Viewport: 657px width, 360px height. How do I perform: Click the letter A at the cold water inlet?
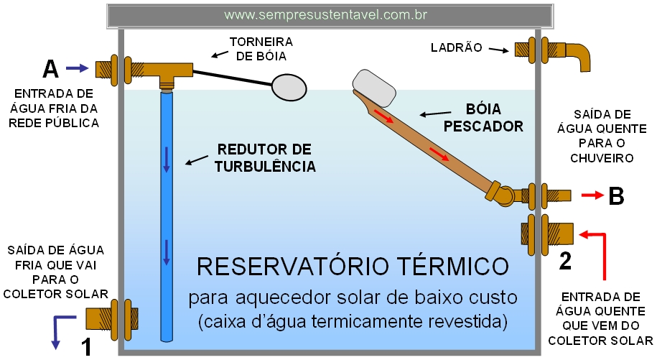(x=50, y=69)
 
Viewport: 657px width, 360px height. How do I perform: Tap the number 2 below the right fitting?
(x=565, y=261)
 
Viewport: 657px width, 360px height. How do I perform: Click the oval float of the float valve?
(x=289, y=86)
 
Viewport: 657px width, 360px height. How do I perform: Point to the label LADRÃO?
(x=457, y=48)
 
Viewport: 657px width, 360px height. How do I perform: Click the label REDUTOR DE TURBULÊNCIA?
(x=264, y=158)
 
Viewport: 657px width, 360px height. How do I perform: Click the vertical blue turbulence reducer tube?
(x=166, y=216)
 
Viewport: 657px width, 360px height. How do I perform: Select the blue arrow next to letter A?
(x=75, y=68)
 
